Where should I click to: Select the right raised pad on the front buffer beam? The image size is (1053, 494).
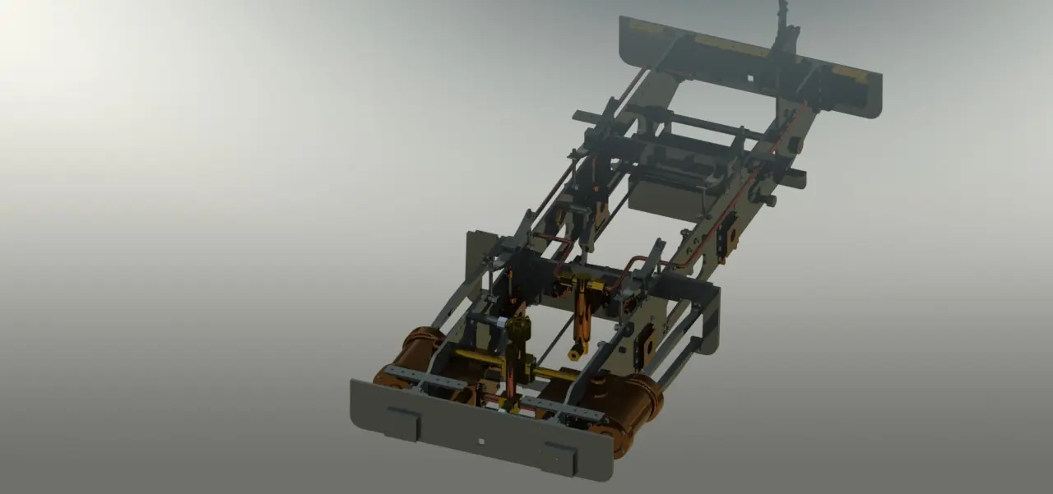click(x=559, y=457)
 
